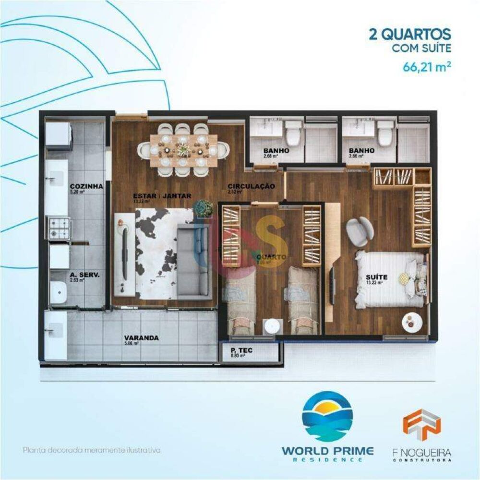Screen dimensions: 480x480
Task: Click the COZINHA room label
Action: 86,186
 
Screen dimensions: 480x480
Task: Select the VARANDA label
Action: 141,337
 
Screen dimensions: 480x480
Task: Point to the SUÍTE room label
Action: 376,277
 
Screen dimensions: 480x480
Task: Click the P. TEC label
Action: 241,350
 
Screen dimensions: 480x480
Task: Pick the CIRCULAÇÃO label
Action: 251,186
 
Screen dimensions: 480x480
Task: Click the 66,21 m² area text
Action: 426,66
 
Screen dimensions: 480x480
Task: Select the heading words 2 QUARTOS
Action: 409,35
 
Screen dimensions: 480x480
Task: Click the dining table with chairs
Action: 183,150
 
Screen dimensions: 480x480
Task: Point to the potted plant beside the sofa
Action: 204,208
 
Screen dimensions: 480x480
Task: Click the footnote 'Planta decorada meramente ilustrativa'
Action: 91,451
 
